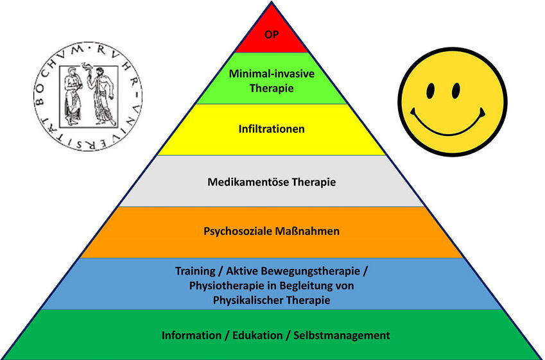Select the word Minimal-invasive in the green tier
(x=271, y=74)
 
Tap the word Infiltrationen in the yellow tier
(x=271, y=129)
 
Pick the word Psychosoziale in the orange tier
(x=238, y=231)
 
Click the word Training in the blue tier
(x=195, y=271)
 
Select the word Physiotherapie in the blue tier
(x=220, y=286)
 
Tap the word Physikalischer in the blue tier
(x=243, y=300)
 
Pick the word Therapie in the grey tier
(x=314, y=182)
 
